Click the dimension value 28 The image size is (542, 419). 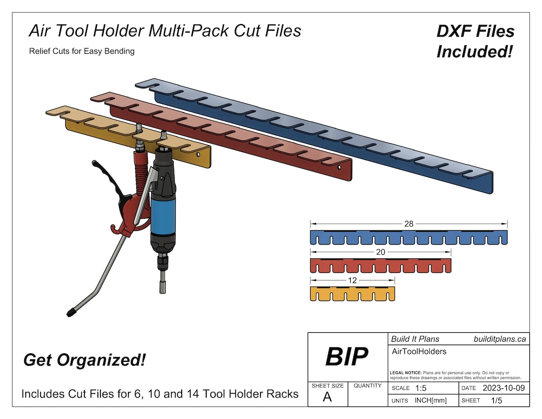click(409, 224)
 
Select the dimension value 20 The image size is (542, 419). click(380, 252)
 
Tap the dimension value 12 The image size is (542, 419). click(352, 280)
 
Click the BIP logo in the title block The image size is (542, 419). click(347, 356)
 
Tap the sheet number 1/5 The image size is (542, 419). click(496, 400)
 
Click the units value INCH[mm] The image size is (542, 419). click(431, 400)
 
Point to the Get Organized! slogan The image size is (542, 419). click(84, 360)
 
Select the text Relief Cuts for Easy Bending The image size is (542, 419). click(82, 51)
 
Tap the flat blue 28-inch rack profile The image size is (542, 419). click(409, 237)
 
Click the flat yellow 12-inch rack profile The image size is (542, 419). click(352, 294)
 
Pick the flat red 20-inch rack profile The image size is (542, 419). click(380, 265)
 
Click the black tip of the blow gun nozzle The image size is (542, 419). click(71, 313)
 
